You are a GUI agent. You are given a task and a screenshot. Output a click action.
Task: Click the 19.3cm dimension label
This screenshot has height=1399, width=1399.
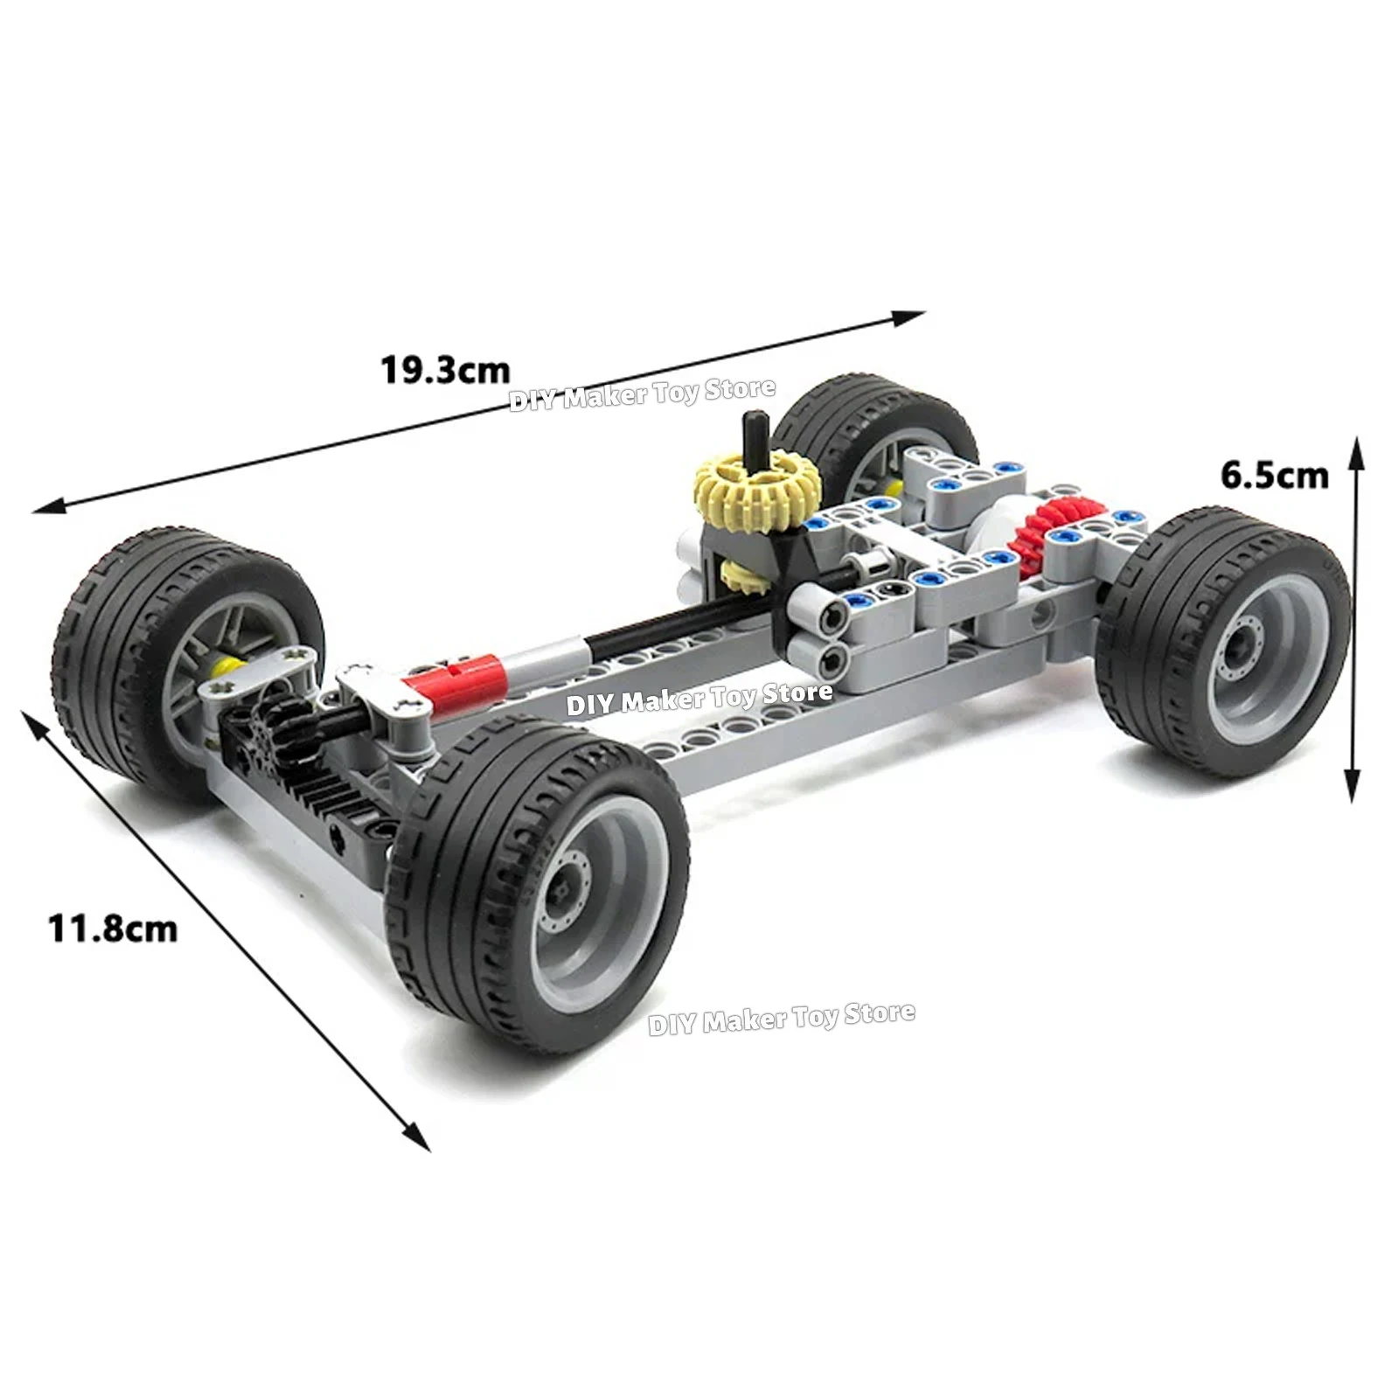coord(444,371)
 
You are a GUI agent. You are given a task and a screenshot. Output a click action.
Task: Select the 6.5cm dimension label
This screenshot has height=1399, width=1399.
coord(1274,476)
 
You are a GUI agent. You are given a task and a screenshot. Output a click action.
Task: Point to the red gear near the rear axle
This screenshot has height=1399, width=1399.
coord(1044,532)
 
